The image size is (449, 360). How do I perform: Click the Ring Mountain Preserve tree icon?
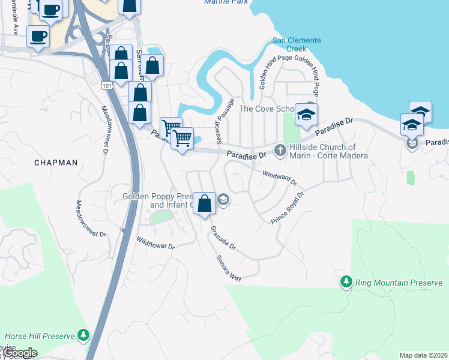pos(346,281)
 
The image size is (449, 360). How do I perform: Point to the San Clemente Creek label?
pos(297,44)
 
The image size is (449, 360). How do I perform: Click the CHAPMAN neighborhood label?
pos(56,163)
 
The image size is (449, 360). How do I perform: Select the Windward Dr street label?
pos(279,177)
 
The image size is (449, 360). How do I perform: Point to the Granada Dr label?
pos(223,238)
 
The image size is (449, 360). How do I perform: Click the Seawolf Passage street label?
pos(223,118)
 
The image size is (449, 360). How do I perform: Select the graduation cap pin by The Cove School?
pos(306,115)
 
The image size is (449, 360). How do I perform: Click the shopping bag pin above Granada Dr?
pos(204,203)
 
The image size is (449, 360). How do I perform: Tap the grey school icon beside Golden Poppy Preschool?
pos(223,200)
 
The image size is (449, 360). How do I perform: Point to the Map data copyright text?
pos(423,355)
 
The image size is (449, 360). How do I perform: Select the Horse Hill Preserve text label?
pos(40,336)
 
